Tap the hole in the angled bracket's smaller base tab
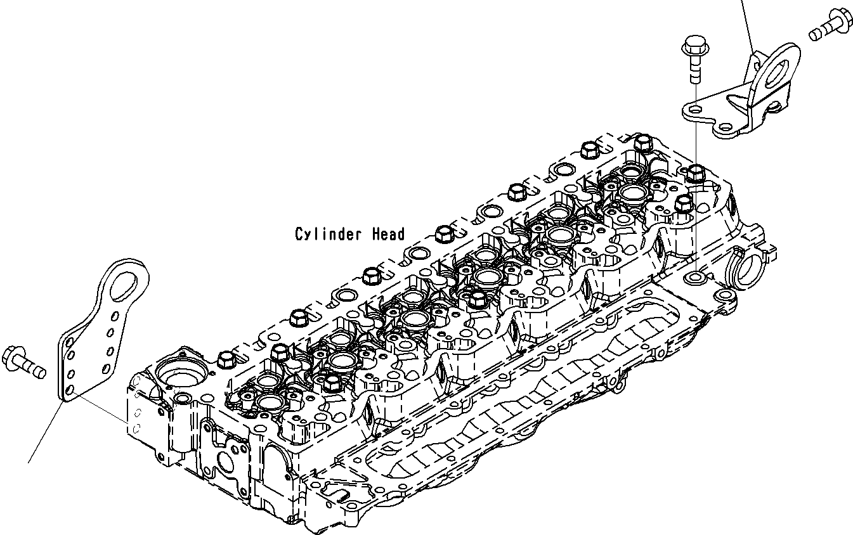click(724, 126)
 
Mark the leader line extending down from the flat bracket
click(48, 431)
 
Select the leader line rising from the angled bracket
click(746, 25)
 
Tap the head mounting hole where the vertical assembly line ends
click(695, 277)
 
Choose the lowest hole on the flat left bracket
click(70, 388)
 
